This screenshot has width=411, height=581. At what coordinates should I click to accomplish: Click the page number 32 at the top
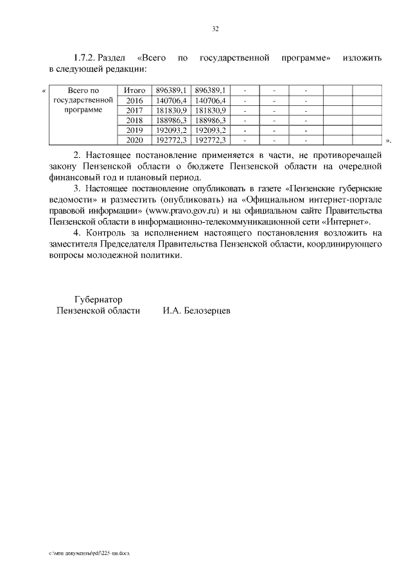coord(215,28)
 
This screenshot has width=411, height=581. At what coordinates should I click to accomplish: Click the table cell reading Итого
coord(135,91)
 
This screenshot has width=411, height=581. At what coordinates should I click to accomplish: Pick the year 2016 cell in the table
coord(135,100)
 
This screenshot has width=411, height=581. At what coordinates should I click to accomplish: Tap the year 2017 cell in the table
coord(135,110)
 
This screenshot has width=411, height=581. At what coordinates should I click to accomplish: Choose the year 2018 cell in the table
coord(135,119)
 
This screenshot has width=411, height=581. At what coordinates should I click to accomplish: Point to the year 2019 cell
coord(135,130)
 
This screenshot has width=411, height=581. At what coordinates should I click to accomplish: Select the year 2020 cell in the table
coord(135,139)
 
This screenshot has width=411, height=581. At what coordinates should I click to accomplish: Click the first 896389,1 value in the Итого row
coord(171,91)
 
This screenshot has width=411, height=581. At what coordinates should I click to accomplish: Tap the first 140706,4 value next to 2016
coord(171,100)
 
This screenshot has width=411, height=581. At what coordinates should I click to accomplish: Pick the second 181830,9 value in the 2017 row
coord(210,110)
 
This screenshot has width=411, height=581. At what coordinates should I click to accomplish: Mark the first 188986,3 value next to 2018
coord(171,119)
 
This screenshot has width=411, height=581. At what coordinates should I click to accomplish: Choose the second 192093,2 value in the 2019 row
coord(210,130)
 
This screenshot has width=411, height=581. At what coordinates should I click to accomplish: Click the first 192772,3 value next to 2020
coord(171,139)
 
